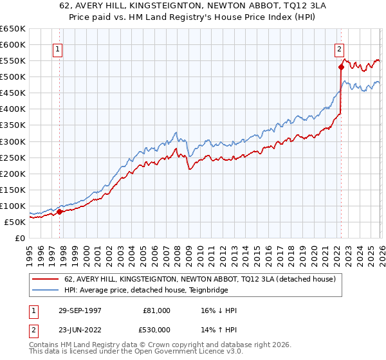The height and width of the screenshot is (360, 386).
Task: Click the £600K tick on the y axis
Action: tap(13, 45)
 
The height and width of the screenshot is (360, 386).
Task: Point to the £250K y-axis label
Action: tap(13, 157)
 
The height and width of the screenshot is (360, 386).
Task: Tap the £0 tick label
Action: tap(20, 238)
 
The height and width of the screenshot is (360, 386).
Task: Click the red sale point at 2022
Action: tap(340, 67)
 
